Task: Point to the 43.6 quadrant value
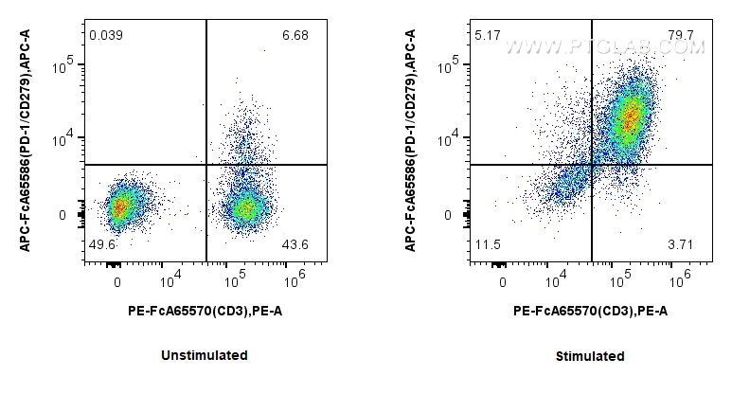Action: pos(295,245)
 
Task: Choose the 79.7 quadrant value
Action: pos(681,35)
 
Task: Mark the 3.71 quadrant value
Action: pos(681,245)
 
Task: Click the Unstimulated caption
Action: pos(205,355)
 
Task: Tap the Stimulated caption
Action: pos(590,357)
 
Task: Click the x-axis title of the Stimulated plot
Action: pos(590,310)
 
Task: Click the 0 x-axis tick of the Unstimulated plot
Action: pos(117,282)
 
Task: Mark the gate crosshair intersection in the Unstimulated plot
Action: pos(206,165)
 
